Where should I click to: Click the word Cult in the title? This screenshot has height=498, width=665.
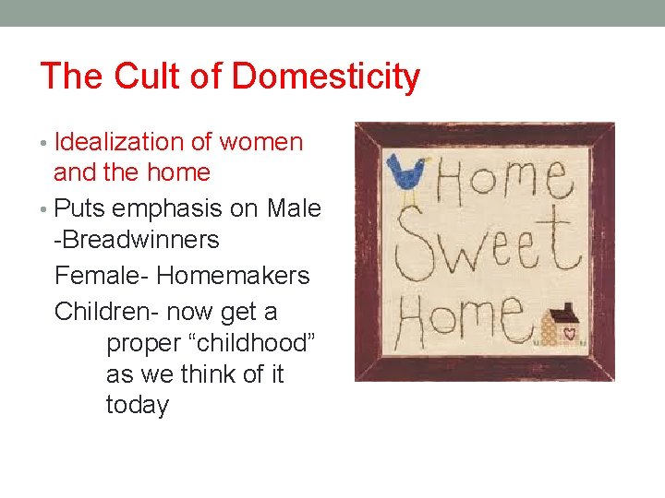point(145,77)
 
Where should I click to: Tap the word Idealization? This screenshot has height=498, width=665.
point(120,142)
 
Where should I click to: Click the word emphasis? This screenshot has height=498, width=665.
point(165,208)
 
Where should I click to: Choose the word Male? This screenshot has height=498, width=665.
point(294,208)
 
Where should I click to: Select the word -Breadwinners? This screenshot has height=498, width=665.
point(137,240)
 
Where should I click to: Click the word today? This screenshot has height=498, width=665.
point(138,405)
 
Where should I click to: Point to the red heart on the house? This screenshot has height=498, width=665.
point(570,330)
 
